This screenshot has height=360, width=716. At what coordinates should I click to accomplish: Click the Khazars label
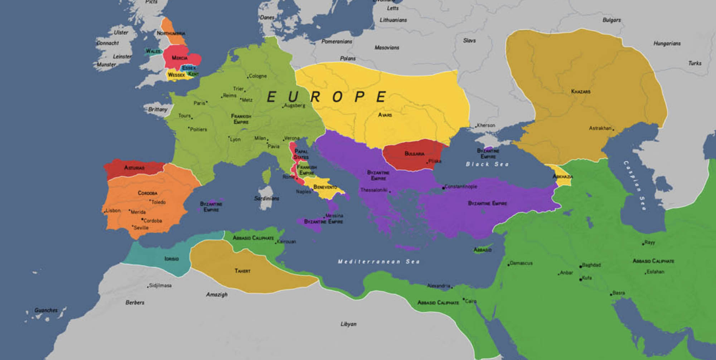tap(581, 92)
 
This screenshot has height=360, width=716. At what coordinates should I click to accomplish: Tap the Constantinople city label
tap(461, 187)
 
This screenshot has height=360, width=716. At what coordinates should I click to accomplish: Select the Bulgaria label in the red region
tap(415, 154)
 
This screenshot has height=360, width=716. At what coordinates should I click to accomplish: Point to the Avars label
tap(385, 115)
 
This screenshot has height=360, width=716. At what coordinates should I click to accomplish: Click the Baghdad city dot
tap(581, 267)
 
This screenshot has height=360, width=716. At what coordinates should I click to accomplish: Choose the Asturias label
tap(134, 168)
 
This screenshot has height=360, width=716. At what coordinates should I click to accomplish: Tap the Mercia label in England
tap(179, 58)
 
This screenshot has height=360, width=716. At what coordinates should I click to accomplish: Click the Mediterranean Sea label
tap(378, 262)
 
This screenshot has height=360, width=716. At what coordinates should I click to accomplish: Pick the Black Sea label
tap(487, 164)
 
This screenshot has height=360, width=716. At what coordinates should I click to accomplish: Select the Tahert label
tap(242, 271)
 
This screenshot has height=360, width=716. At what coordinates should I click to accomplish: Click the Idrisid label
tap(171, 259)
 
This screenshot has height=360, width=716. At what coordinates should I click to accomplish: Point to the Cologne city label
tap(258, 76)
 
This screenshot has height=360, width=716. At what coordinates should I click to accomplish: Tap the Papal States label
tap(301, 154)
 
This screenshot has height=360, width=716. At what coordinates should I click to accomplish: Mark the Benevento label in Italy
tap(325, 187)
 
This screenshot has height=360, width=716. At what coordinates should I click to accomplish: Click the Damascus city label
tap(521, 263)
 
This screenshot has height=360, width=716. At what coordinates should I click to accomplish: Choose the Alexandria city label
tap(439, 286)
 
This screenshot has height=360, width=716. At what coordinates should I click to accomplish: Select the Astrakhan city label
tap(600, 128)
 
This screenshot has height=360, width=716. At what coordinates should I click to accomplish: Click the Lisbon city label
tap(113, 211)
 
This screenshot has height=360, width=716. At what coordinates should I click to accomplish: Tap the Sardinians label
tap(266, 198)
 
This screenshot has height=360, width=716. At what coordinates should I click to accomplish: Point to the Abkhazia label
tap(562, 177)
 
